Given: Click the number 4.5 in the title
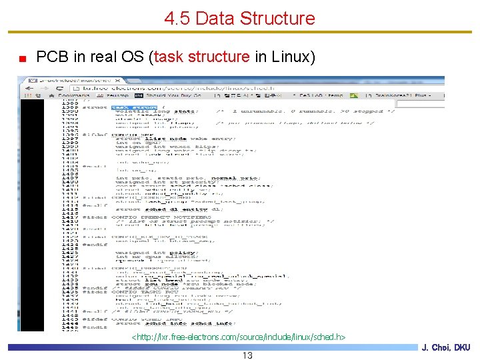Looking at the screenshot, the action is [178, 18].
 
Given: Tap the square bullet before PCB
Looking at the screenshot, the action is [23, 59].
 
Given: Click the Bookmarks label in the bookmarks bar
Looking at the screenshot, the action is [73, 96].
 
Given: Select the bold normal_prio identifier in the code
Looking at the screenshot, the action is [233, 178].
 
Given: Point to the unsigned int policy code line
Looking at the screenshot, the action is [156, 253].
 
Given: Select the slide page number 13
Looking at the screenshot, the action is [247, 355].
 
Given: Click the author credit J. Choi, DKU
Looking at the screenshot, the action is [446, 348].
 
